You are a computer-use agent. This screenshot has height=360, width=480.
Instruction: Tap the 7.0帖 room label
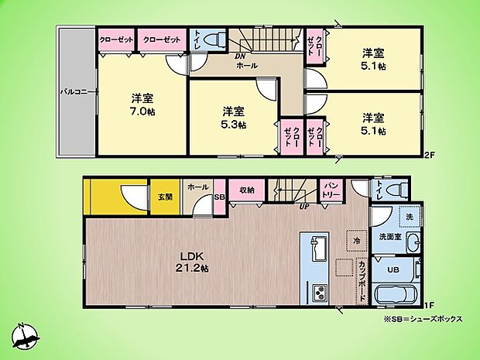click(141, 105)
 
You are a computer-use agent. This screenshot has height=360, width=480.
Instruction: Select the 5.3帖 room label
click(234, 117)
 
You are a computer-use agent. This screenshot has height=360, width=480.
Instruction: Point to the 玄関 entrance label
click(166, 197)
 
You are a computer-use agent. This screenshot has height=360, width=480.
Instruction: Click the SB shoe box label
click(218, 198)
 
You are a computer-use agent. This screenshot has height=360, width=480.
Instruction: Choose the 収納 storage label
click(247, 190)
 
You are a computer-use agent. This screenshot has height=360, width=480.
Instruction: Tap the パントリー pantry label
click(329, 189)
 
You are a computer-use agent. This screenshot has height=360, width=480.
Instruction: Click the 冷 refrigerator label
click(357, 240)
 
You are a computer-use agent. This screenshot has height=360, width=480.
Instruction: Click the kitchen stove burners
click(317, 293)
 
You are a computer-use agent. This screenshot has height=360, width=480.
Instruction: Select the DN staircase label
click(241, 57)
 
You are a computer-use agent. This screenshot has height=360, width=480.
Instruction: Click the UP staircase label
click(305, 207)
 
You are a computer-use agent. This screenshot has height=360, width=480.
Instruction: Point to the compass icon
click(25, 335)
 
